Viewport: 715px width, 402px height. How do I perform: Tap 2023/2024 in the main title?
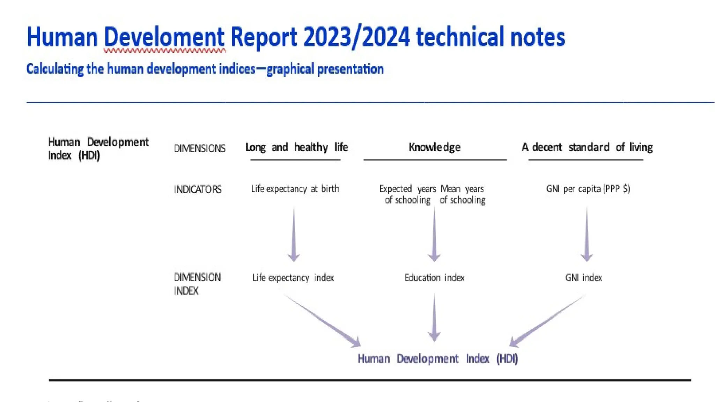356,37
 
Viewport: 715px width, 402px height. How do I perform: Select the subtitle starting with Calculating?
205,69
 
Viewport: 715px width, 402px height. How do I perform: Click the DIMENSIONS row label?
200,148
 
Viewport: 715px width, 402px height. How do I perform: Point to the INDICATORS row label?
198,189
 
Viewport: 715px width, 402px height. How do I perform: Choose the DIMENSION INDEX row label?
197,284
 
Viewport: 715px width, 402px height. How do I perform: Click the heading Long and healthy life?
296,147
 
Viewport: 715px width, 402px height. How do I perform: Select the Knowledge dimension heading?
434,147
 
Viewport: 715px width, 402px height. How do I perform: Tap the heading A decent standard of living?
587,147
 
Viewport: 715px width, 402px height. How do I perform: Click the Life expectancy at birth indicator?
295,189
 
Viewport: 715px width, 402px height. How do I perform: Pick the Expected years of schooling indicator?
407,194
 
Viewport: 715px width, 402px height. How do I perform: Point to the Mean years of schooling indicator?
462,194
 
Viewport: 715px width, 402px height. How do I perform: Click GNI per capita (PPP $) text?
588,189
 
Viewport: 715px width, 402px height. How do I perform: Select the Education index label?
434,277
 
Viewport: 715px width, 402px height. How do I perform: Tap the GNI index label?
584,277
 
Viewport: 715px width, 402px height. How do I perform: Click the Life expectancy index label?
293,277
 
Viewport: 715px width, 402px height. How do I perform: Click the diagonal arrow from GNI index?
546,321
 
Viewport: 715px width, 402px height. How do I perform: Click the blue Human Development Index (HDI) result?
437,358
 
